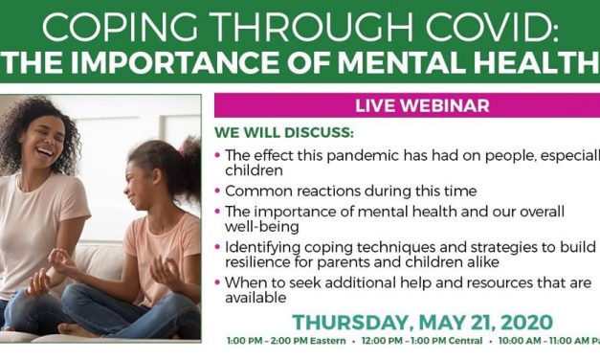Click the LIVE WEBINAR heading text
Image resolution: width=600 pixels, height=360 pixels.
coord(406,105)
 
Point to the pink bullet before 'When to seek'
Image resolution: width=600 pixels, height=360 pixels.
coord(219,282)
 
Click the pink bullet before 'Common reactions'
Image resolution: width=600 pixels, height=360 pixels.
coord(219,190)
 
